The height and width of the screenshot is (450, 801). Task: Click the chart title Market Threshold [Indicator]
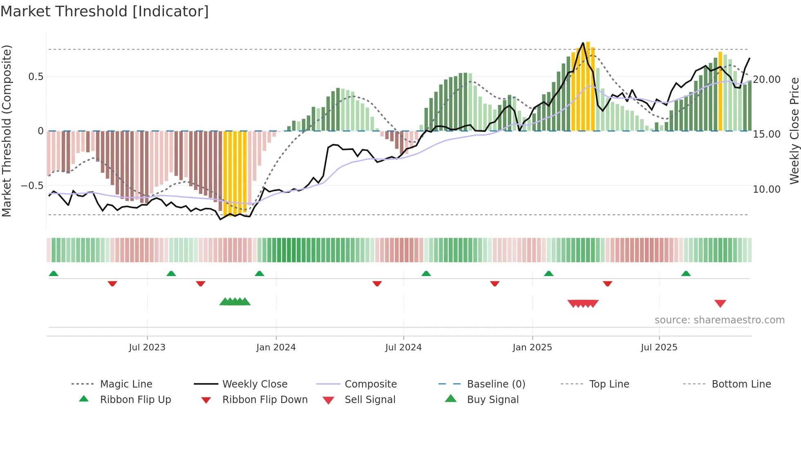(105, 11)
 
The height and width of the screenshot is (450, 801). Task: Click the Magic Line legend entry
(126, 384)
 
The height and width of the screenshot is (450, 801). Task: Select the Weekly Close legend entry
(255, 384)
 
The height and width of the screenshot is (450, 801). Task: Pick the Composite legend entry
(370, 384)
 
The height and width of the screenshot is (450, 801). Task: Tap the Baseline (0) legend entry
(496, 384)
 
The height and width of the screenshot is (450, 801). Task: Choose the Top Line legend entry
(609, 384)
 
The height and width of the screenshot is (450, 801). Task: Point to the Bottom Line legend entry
(741, 384)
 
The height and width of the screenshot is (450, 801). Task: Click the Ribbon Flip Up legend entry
(135, 399)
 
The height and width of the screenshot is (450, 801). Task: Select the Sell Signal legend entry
(370, 399)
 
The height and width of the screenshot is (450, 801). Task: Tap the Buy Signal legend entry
(492, 399)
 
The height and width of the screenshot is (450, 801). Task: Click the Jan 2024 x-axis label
(276, 348)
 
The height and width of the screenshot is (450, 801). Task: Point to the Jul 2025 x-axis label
(659, 348)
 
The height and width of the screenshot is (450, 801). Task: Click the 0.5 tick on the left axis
(36, 77)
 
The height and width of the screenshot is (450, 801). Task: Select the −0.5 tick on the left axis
(32, 186)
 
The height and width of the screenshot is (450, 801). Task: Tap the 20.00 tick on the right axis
(767, 80)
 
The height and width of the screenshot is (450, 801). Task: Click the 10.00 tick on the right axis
(767, 189)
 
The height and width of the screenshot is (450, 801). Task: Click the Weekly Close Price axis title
(794, 131)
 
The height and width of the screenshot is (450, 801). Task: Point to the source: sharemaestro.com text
(719, 320)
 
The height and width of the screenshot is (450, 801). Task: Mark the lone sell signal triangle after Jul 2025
(720, 303)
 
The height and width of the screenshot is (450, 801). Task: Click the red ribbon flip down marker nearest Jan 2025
(495, 283)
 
